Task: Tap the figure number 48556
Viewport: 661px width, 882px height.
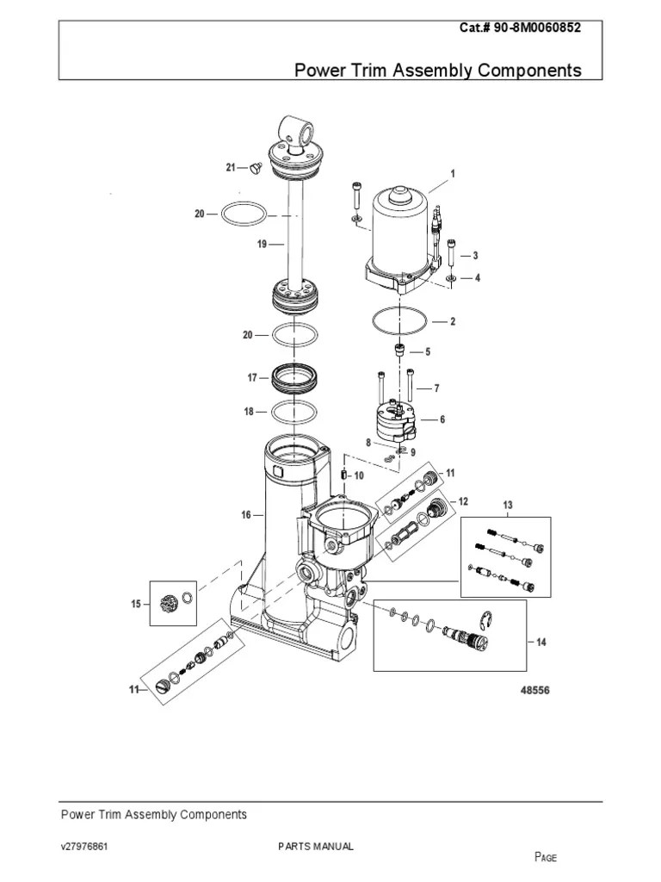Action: (534, 691)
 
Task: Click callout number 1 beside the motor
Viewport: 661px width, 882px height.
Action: (453, 174)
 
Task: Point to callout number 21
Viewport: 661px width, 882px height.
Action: (231, 167)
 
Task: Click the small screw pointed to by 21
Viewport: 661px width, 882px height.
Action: (254, 169)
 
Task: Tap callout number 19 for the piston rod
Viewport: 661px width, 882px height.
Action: (262, 245)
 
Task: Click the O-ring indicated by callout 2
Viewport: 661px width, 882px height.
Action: (398, 321)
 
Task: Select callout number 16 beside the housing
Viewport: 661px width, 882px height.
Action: (246, 515)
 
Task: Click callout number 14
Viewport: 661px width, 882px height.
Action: (540, 642)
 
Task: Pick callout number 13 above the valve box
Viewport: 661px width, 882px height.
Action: (508, 505)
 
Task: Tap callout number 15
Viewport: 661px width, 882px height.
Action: (135, 605)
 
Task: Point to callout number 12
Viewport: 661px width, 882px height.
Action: (463, 501)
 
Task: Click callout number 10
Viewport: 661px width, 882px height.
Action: (359, 475)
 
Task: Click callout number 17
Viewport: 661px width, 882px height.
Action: (252, 377)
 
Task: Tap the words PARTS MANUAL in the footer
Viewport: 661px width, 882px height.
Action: (316, 847)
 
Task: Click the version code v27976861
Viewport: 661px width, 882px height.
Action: (84, 847)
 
